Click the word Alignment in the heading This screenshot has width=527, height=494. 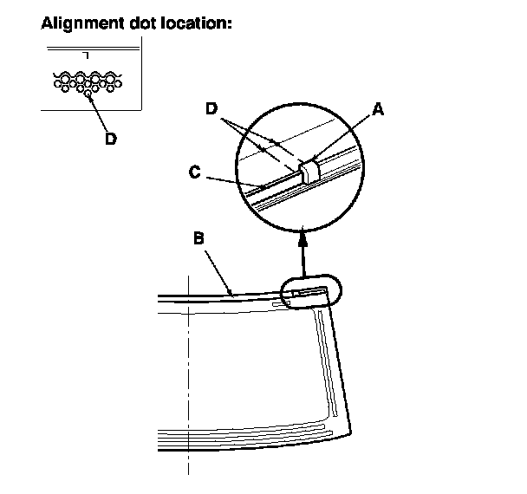coord(80,23)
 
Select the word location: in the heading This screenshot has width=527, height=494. coord(194,23)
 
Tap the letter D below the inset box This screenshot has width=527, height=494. coord(111,139)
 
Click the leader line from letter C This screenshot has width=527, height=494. coord(232,180)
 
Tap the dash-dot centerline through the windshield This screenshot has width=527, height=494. coord(187,390)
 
